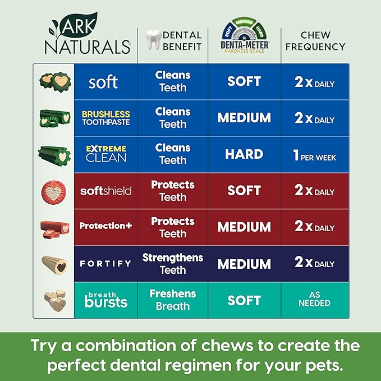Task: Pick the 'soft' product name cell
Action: pos(103,82)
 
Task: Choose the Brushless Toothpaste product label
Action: pos(105,118)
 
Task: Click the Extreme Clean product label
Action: pos(105,153)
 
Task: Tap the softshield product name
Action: pos(105,191)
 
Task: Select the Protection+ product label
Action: pos(105,226)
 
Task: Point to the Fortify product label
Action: pos(105,263)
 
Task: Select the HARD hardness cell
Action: pos(244,154)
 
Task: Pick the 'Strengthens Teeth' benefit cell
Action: pos(173,263)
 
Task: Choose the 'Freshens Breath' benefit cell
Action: pos(173,300)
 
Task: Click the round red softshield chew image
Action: pos(54,191)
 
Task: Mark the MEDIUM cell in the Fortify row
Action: pos(244,263)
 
